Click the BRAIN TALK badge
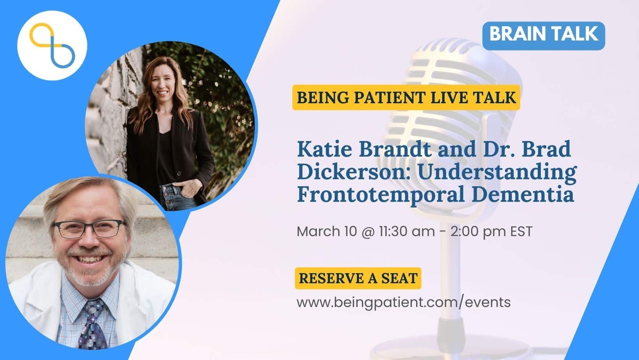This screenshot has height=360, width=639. click(x=544, y=36)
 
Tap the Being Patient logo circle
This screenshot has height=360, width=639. click(x=52, y=45)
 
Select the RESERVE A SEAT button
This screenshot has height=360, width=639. click(x=358, y=278)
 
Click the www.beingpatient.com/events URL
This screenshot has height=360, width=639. click(x=404, y=302)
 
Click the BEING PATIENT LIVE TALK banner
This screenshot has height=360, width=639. click(x=406, y=97)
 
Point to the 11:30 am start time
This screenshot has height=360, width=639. click(x=407, y=231)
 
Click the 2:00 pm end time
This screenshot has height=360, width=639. click(x=478, y=232)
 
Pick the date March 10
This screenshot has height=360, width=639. click(x=327, y=231)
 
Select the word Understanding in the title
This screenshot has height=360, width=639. click(x=498, y=173)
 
